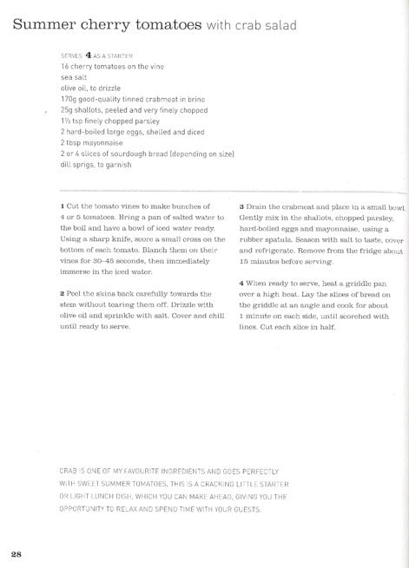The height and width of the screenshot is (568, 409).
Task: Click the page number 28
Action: click(x=16, y=554)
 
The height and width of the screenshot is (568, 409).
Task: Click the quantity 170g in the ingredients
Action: click(x=69, y=99)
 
